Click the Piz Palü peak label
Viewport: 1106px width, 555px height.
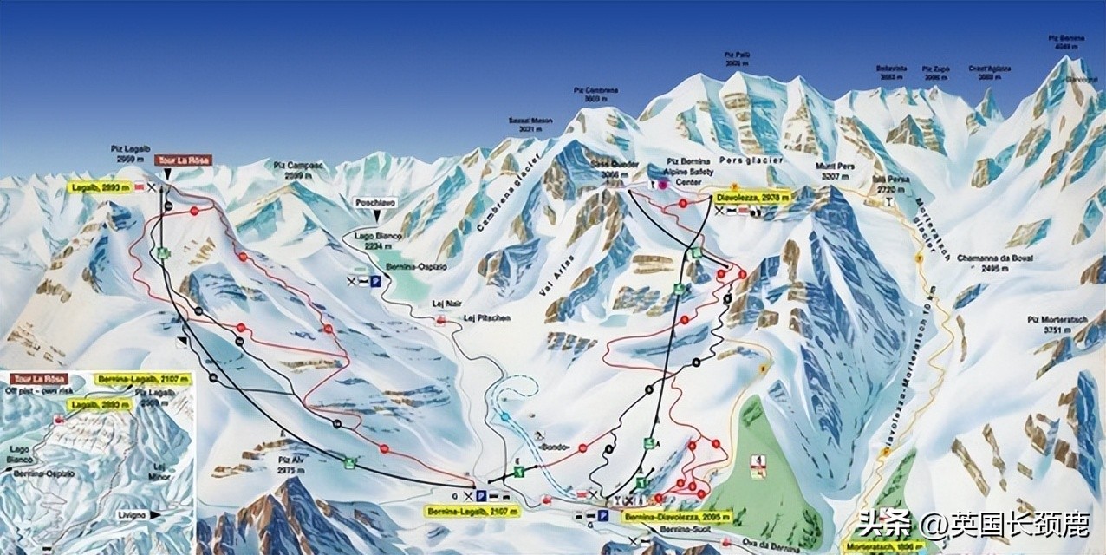tap(737, 59)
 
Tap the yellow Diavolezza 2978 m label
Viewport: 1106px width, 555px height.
tap(752, 198)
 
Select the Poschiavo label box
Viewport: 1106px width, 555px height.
tap(374, 202)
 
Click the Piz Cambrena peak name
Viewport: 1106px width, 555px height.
tap(595, 95)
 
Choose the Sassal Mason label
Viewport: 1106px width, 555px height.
tap(530, 125)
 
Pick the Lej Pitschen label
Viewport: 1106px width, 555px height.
tap(486, 318)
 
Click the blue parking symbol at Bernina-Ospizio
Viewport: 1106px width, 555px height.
tap(375, 281)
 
